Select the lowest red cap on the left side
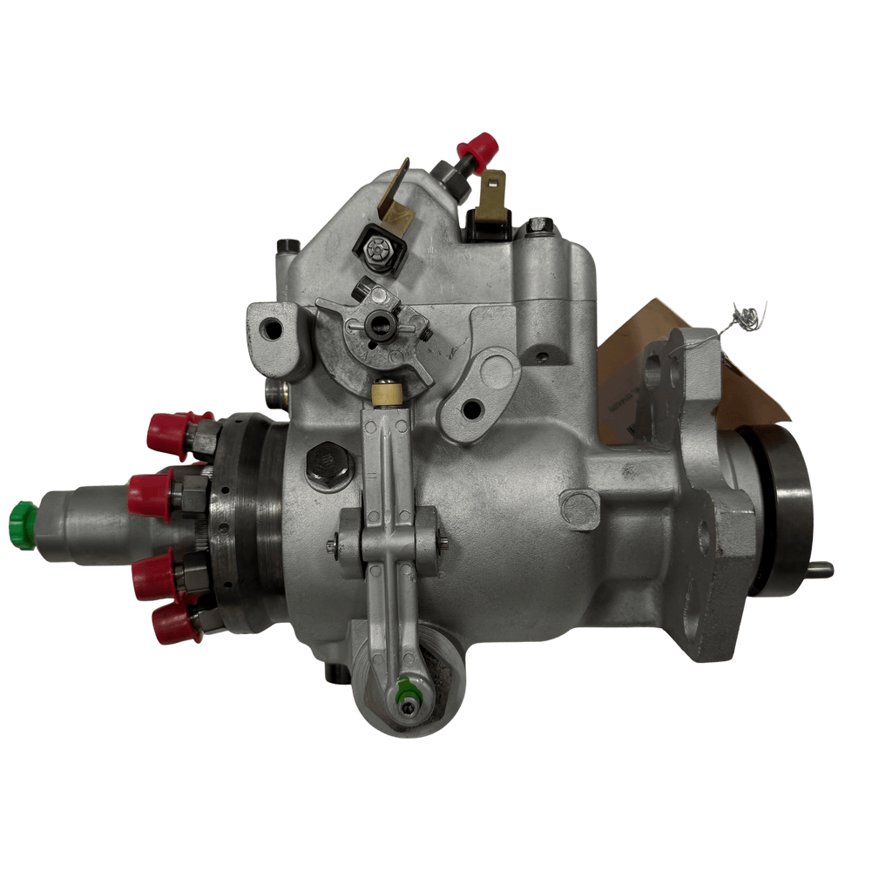173,622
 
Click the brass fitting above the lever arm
385,395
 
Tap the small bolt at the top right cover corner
538,226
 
